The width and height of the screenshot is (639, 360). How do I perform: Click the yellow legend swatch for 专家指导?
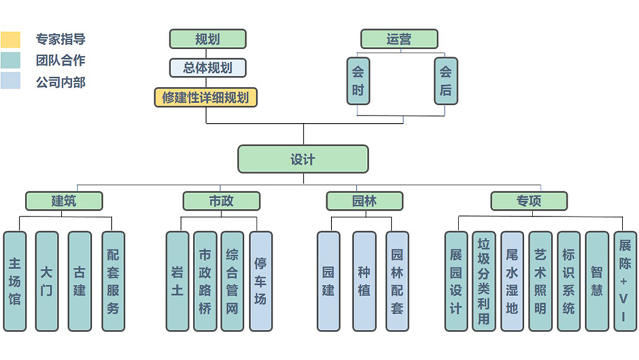[x=11, y=40]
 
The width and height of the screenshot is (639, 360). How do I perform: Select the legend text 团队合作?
[x=60, y=60]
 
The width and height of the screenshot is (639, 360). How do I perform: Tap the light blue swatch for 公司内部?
[x=11, y=81]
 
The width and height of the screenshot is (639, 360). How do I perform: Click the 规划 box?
[x=207, y=39]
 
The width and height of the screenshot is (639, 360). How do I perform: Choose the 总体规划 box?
[x=207, y=67]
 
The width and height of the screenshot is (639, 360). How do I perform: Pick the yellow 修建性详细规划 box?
[x=205, y=97]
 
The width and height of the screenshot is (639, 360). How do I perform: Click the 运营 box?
[x=399, y=39]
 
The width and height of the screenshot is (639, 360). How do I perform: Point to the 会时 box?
[x=358, y=81]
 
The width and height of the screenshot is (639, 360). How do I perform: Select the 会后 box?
[x=446, y=81]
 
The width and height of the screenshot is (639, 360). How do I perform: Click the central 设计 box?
[x=303, y=159]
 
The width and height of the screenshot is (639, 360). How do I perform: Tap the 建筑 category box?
[x=64, y=201]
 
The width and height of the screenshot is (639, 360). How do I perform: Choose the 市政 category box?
[x=221, y=201]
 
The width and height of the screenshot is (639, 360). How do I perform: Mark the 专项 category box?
[x=528, y=201]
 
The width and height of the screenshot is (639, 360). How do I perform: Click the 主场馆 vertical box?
[x=15, y=281]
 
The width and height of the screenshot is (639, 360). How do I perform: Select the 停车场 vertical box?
[x=260, y=281]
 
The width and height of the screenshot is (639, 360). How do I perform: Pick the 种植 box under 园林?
[x=364, y=281]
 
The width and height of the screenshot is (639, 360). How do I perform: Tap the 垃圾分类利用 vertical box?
[x=483, y=281]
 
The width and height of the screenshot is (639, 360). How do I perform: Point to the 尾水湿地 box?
[x=512, y=281]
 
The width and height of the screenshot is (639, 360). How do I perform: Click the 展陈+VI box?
[x=624, y=281]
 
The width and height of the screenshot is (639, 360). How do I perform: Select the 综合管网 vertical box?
[x=232, y=281]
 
